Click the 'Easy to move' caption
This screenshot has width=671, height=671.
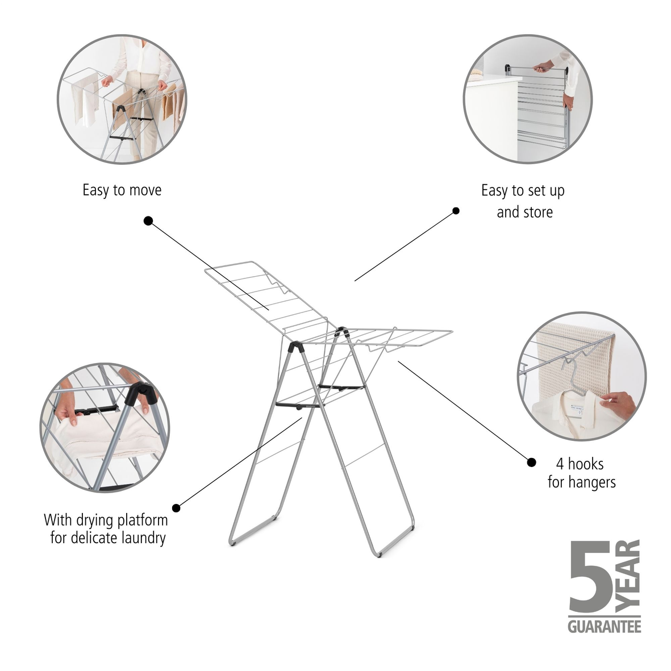coord(122,190)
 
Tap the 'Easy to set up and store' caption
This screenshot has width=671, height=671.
coord(523,201)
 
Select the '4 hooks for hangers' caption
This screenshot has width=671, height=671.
coord(581,473)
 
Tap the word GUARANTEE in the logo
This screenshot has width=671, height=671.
coord(605,627)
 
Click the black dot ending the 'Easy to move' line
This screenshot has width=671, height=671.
coord(148,221)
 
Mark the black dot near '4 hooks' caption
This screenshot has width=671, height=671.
coord(531,462)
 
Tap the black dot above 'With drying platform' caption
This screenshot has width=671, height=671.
coord(176,507)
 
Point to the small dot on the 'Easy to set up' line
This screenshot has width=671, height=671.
coord(456,211)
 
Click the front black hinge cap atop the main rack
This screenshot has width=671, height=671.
coord(296,346)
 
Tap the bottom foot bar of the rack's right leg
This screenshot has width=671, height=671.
coord(397,543)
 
